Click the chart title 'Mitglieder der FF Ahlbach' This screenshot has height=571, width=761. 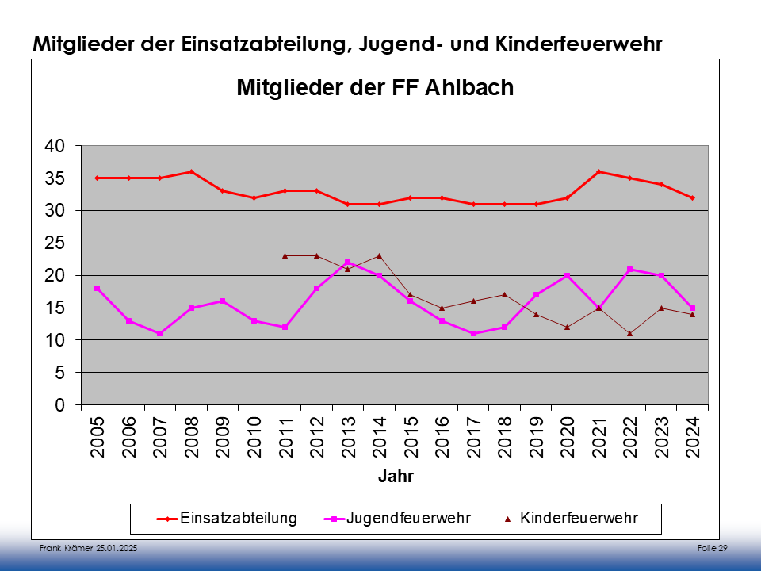tap(375, 87)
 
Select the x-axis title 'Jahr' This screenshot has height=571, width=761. tap(395, 477)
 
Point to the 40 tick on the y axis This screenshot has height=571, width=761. tap(54, 146)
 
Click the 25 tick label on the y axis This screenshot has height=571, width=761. tap(54, 243)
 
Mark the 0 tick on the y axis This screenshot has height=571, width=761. tap(59, 405)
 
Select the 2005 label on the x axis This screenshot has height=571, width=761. tap(98, 437)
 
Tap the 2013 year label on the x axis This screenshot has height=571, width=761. tap(348, 437)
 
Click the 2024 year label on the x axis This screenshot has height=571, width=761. tap(693, 437)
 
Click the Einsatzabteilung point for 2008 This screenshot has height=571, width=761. tap(191, 171)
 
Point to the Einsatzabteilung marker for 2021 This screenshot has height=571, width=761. tap(598, 171)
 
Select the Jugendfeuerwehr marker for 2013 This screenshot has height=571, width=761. tap(348, 263)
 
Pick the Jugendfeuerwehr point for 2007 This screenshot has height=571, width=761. tap(160, 334)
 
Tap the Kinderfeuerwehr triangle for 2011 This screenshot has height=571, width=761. tap(285, 255)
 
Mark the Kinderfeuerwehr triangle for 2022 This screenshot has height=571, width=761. tap(629, 334)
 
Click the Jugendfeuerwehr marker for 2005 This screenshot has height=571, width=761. tap(98, 288)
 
